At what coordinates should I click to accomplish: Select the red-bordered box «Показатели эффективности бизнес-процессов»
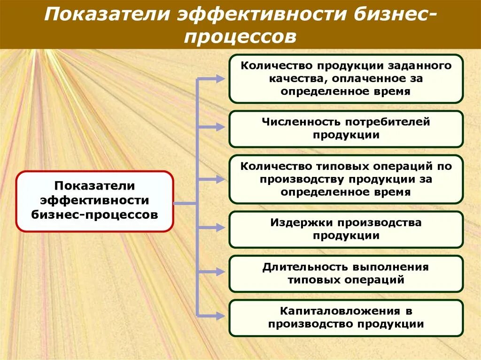94,201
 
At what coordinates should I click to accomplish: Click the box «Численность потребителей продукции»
346,129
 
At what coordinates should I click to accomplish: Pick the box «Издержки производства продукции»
346,229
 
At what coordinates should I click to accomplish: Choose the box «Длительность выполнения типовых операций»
346,274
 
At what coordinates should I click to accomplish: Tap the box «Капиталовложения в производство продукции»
346,318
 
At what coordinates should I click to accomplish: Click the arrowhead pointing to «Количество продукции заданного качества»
220,79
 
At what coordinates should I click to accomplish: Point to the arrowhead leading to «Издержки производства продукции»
220,227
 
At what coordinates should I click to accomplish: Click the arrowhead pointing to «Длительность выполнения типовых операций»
220,271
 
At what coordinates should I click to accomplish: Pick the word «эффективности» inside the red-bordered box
94,201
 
